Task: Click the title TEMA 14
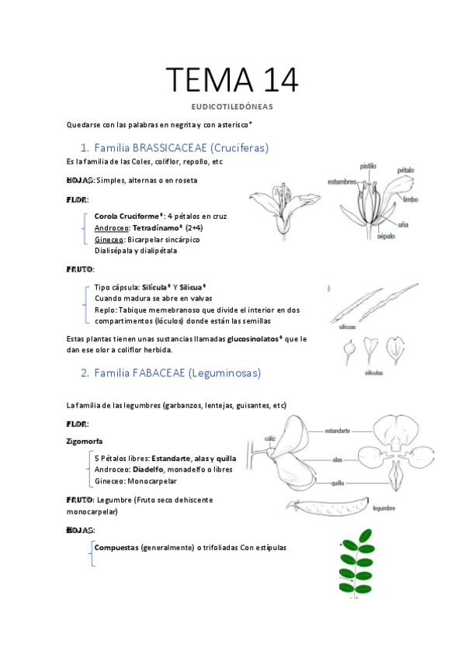[x=232, y=81]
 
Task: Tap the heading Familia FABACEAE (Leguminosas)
[x=177, y=372]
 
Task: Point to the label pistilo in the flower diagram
[x=368, y=165]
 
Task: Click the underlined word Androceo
[x=109, y=227]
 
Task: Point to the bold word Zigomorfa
[x=85, y=441]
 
